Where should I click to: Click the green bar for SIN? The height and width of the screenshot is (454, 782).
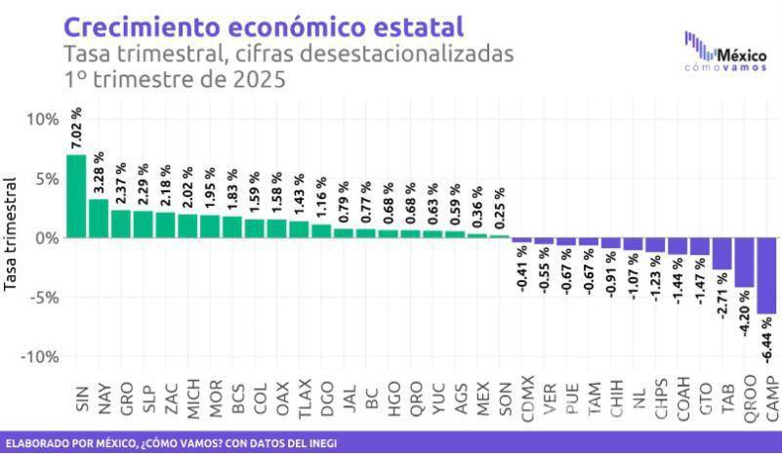point(76,195)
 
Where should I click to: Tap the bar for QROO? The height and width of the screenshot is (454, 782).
point(745,262)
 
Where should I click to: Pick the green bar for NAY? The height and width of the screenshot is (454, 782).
point(99,218)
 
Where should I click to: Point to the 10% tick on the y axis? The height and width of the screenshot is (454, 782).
point(42,119)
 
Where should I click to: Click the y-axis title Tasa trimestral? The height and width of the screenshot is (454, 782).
point(13,233)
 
